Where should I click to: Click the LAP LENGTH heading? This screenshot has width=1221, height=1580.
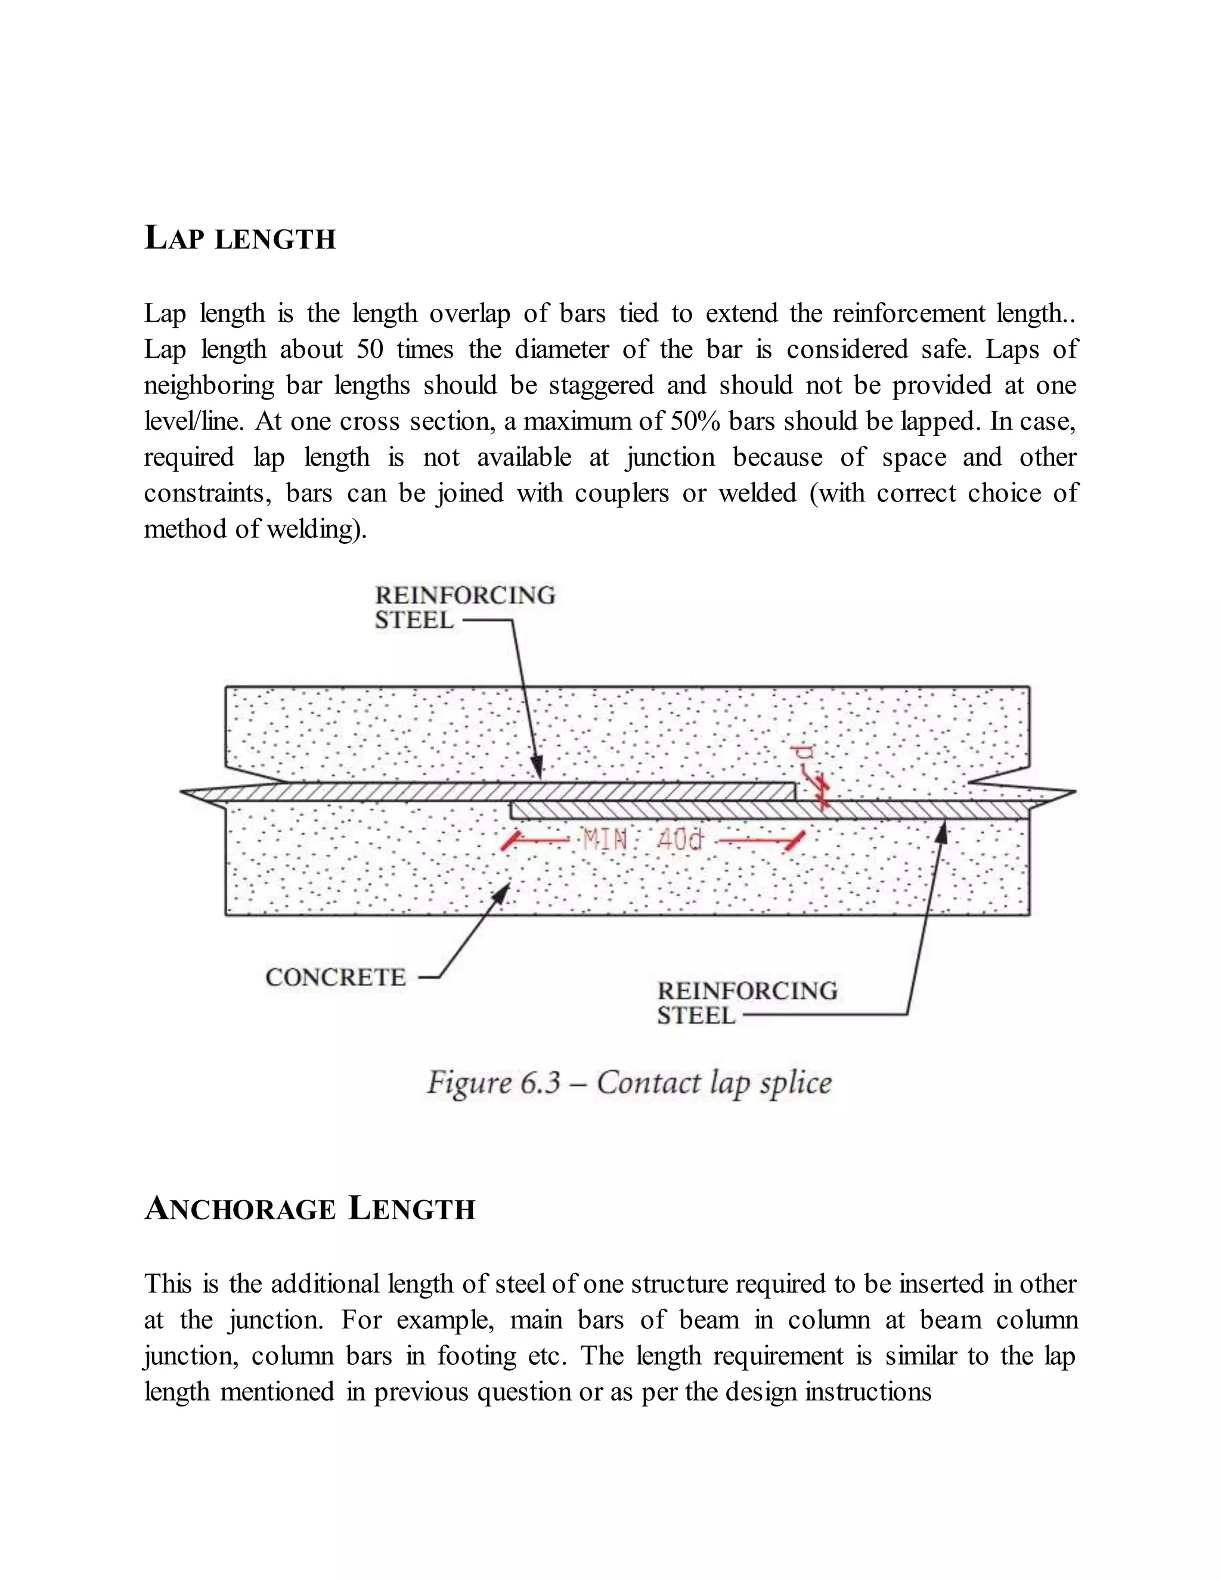[x=240, y=238]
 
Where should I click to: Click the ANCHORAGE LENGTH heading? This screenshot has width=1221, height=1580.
[x=309, y=1209]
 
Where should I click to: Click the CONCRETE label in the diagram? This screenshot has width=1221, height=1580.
[x=336, y=977]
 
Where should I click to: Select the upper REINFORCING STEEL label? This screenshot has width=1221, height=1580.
[x=464, y=608]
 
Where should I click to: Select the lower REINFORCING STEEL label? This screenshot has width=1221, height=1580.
[x=746, y=1003]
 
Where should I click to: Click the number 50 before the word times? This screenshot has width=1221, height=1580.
[x=370, y=349]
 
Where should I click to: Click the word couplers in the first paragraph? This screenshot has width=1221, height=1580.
[x=621, y=494]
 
